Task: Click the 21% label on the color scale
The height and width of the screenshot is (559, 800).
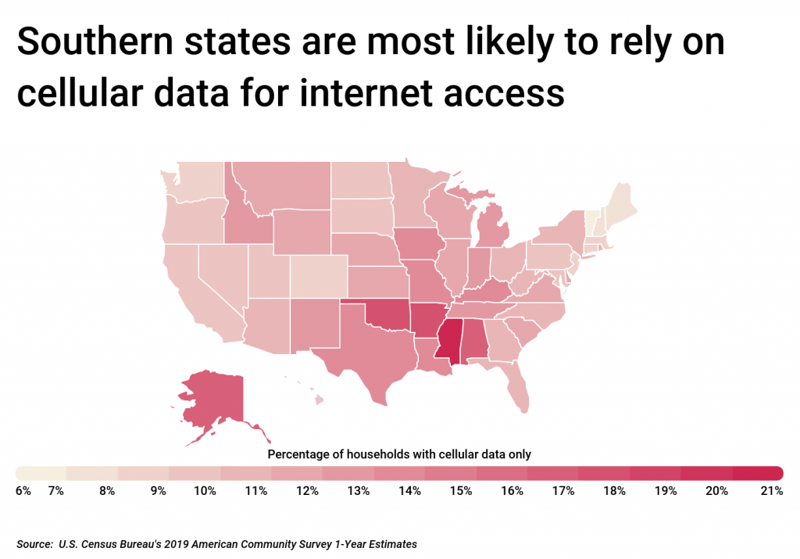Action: (771, 491)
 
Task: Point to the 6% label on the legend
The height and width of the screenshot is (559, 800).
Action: (23, 491)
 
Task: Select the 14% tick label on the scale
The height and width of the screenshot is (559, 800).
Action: (409, 491)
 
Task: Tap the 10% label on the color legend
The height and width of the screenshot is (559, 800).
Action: (205, 491)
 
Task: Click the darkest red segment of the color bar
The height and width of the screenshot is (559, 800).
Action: (757, 473)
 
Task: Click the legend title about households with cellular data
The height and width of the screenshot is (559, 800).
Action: (399, 453)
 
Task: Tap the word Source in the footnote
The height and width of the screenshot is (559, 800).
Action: (33, 542)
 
